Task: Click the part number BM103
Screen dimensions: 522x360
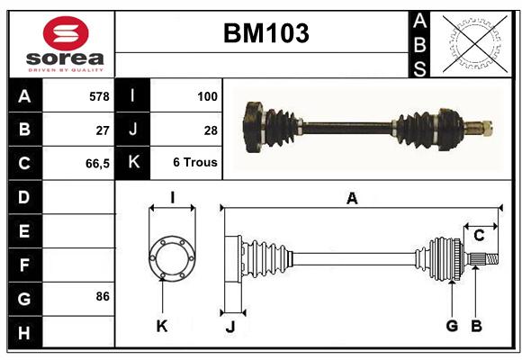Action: point(266,33)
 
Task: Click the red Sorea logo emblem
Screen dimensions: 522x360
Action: point(66,33)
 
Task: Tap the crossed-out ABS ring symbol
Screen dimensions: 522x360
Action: point(475,44)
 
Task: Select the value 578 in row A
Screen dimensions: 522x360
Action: point(99,96)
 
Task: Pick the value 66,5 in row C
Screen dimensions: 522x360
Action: point(97,164)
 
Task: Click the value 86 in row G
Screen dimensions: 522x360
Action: point(103,296)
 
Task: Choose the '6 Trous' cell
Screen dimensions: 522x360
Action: point(195,162)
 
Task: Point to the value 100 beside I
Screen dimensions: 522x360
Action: point(207,96)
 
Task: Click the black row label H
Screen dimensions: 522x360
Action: point(25,332)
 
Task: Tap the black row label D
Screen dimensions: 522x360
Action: point(25,197)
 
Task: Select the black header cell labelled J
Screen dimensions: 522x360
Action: point(132,130)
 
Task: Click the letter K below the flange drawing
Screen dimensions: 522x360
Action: point(162,327)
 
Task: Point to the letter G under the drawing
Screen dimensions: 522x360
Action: point(452,326)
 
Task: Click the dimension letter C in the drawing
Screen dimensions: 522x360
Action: point(479,236)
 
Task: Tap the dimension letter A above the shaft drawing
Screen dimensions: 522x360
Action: point(352,199)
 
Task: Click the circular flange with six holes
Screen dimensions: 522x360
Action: point(172,258)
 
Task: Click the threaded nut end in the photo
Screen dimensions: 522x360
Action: point(487,128)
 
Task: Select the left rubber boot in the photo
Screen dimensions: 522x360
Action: point(281,127)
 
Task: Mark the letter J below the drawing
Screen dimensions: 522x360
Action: point(230,327)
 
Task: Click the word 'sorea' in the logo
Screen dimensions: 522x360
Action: point(65,58)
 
